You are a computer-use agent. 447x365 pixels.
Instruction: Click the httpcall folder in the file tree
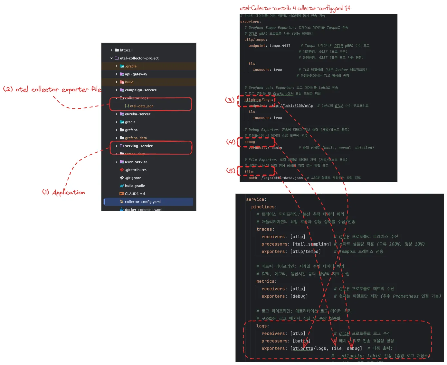tap(126, 50)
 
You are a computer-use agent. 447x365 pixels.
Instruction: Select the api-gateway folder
tap(136, 74)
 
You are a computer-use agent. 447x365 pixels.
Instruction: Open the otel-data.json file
tap(141, 106)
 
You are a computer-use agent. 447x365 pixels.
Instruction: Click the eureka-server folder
tap(138, 114)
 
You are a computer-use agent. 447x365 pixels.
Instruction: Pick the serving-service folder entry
tap(139, 146)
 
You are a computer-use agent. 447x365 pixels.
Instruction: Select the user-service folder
tap(136, 162)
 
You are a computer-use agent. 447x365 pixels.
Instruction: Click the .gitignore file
tap(133, 178)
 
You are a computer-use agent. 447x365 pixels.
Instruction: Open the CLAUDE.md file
tap(135, 194)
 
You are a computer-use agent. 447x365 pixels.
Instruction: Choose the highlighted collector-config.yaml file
tap(143, 202)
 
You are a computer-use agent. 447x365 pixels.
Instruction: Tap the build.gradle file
tap(135, 186)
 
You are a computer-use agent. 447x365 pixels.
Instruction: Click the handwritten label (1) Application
tap(64, 192)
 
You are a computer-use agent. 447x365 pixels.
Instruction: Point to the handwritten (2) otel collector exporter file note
tap(52, 89)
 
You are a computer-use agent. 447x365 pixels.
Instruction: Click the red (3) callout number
tap(230, 100)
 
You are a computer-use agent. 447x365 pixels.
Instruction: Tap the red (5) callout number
tap(231, 171)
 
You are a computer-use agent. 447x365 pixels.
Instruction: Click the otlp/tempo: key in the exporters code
tap(256, 40)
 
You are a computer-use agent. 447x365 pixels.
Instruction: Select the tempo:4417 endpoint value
tap(280, 46)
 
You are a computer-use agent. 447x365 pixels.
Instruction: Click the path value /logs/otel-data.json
tap(282, 178)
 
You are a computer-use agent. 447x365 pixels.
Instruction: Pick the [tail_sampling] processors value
tap(312, 244)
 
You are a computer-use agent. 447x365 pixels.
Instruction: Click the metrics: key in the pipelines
tap(266, 281)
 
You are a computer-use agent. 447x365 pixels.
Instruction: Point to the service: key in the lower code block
tap(256, 199)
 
